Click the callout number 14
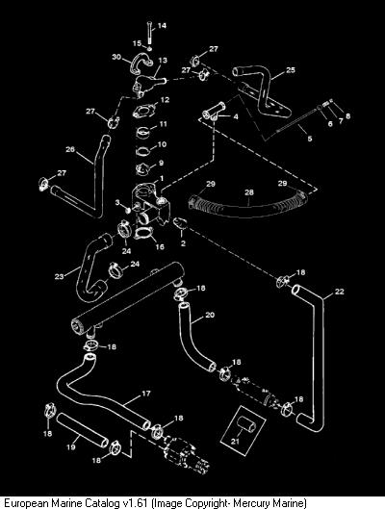coord(162,25)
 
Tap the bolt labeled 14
coord(149,33)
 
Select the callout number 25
coord(291,70)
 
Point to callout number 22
coord(339,292)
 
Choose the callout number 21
coord(235,441)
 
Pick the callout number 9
coord(162,163)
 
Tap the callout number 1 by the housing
coord(162,179)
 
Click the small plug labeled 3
coord(128,211)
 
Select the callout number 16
coord(160,246)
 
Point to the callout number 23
coord(59,276)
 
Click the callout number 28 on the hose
coord(249,192)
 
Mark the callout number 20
coord(210,315)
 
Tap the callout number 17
coord(146,394)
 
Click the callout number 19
coord(71,447)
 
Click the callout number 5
coord(310,139)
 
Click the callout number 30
coord(116,57)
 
